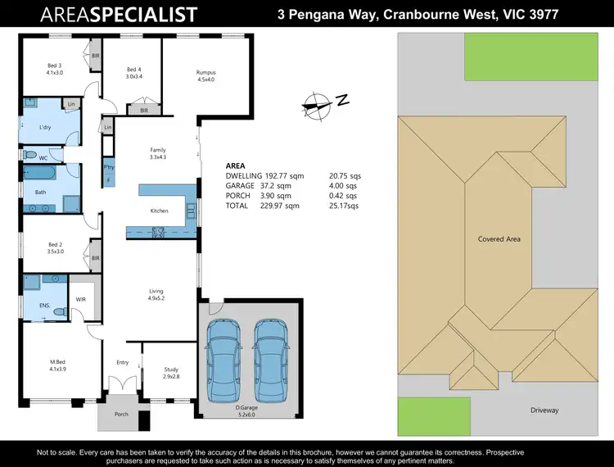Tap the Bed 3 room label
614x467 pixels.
point(54,68)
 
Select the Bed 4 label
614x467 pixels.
point(134,72)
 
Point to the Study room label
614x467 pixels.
point(170,370)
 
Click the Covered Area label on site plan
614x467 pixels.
point(499,239)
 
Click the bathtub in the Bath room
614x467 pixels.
point(40,175)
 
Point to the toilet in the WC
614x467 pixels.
point(30,156)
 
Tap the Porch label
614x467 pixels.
point(121,415)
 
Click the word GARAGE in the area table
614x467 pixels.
point(240,186)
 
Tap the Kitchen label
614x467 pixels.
point(159,211)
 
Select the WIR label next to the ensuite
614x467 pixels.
point(81,299)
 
